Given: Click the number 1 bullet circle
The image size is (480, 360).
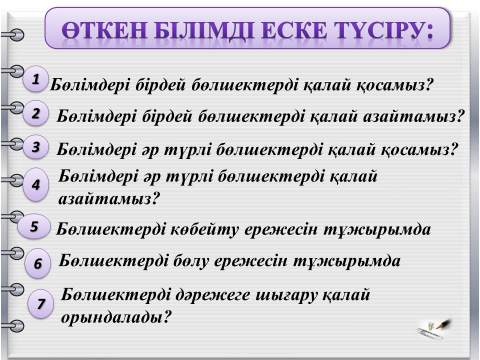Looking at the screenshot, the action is pyautogui.click(x=36, y=79).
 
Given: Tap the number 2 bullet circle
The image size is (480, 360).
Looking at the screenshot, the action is pyautogui.click(x=36, y=113).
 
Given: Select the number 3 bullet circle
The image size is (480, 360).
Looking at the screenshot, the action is pyautogui.click(x=36, y=147).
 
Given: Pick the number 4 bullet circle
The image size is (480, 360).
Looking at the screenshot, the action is pyautogui.click(x=36, y=185).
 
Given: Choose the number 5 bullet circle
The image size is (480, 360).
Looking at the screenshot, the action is pyautogui.click(x=34, y=227).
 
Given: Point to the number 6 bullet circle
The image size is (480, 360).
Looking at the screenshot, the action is pyautogui.click(x=38, y=263).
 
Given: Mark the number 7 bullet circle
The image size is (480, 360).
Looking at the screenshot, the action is pyautogui.click(x=41, y=304).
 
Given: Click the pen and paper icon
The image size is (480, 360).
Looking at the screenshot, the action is pyautogui.click(x=433, y=329).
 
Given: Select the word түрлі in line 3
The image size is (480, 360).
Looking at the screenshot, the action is pyautogui.click(x=188, y=150).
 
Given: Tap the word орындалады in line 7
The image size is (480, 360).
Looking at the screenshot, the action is pyautogui.click(x=112, y=317).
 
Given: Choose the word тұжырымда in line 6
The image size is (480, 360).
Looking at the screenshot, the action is pyautogui.click(x=347, y=261).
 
